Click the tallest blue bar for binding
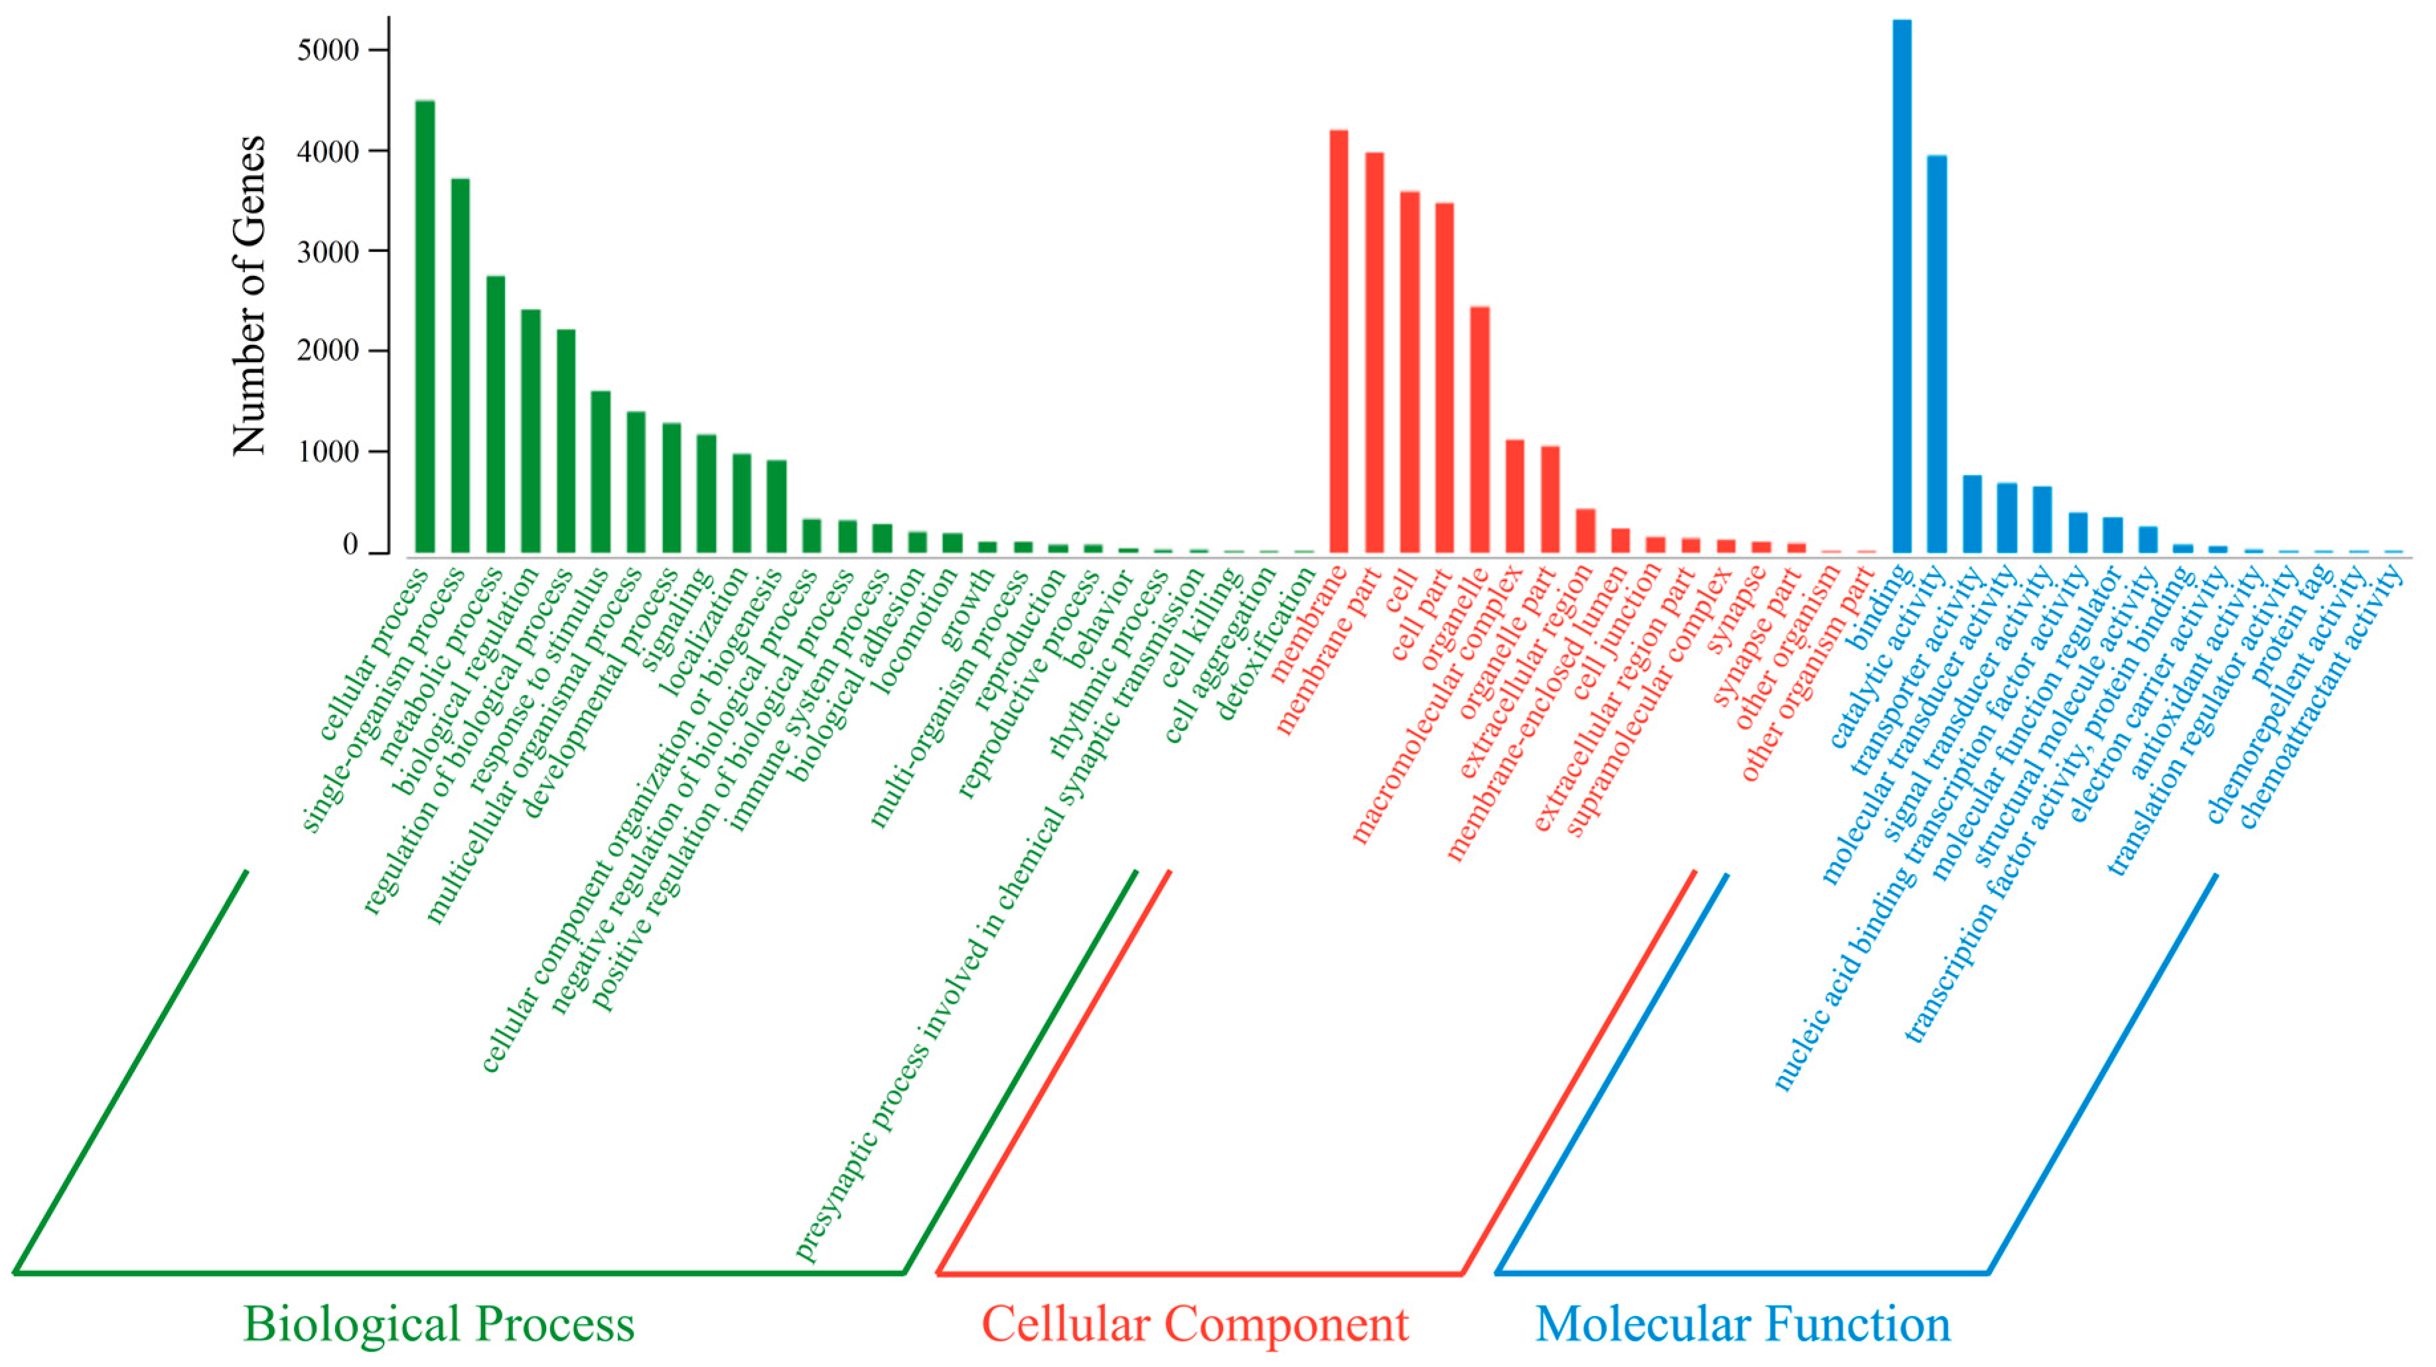click(x=1902, y=284)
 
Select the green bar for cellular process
click(x=425, y=326)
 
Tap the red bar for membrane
click(x=1339, y=340)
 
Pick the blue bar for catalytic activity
click(x=1937, y=354)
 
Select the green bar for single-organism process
click(x=461, y=365)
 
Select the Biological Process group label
click(x=439, y=1323)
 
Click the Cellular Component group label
click(x=1194, y=1323)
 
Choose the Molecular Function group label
click(x=1743, y=1323)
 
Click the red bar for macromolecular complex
click(x=1515, y=495)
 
